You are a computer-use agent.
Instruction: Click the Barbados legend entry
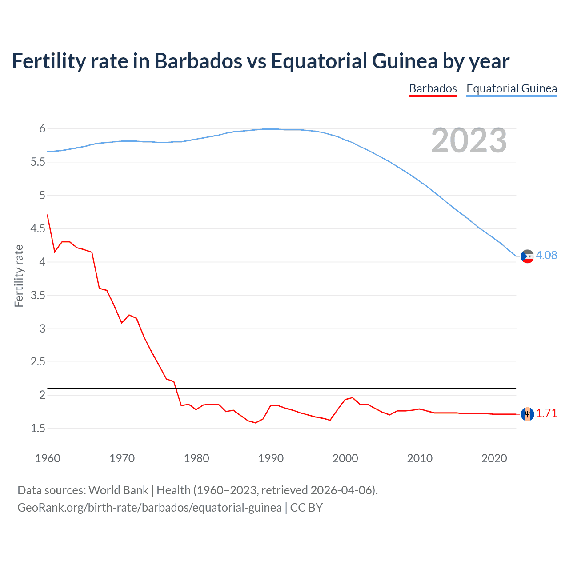433,88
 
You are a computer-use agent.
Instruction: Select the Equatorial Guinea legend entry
511,88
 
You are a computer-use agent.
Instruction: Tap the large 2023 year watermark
469,141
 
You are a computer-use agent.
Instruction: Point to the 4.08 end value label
546,255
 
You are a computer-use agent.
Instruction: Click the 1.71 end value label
546,413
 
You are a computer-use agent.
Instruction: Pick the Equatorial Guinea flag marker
527,256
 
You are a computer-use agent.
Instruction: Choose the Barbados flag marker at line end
527,414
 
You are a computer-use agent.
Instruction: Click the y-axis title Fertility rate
19,276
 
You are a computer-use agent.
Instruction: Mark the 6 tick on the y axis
43,129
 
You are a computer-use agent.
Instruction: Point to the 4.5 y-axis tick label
38,228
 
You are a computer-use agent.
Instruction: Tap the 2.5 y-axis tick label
38,361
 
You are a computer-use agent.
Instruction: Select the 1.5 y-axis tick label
38,428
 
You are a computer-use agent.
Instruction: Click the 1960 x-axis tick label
48,458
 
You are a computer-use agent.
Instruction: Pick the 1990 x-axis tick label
271,458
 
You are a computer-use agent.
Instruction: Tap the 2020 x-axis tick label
494,458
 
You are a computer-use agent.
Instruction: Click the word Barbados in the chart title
198,61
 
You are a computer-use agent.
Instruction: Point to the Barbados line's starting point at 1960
48,215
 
